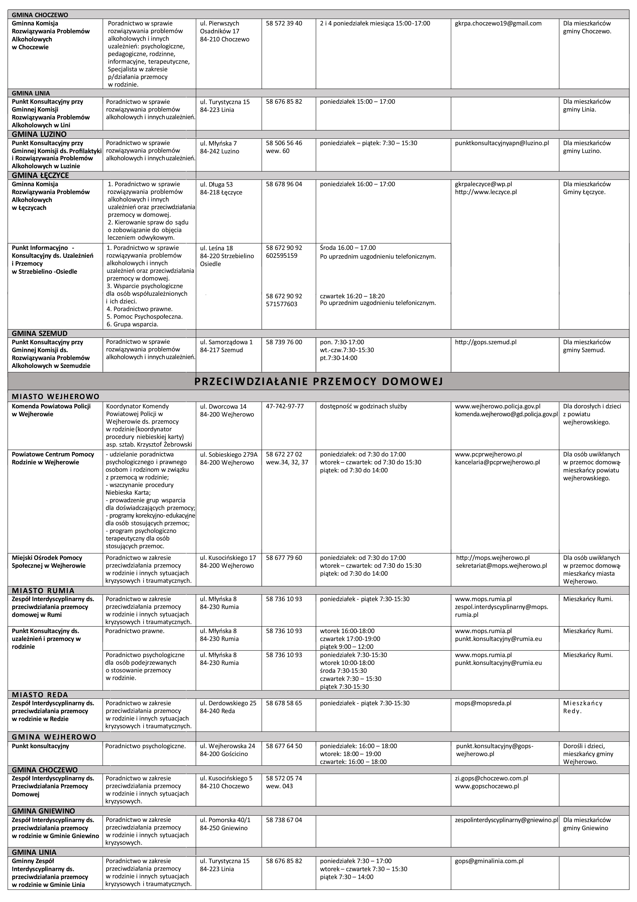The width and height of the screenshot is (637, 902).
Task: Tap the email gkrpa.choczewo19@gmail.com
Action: tap(498, 24)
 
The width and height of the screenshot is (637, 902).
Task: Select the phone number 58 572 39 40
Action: tap(284, 24)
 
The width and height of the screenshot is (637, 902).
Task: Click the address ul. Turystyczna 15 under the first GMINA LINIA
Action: tap(224, 102)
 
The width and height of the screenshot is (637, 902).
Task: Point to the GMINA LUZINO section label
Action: tap(39, 134)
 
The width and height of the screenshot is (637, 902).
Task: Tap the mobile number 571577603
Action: tap(282, 304)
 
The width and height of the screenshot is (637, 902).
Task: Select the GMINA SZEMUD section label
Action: tap(40, 333)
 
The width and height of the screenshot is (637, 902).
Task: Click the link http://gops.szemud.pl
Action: tap(485, 342)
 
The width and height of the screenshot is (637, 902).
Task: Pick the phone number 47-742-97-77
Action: tap(285, 406)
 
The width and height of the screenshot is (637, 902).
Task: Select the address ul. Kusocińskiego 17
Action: tap(228, 558)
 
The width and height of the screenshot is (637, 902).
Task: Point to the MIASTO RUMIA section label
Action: tap(43, 590)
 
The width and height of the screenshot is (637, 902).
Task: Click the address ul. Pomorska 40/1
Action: tap(225, 820)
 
